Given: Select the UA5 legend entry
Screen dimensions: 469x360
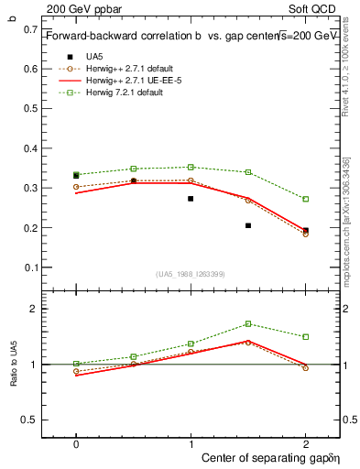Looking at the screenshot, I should pos(94,56).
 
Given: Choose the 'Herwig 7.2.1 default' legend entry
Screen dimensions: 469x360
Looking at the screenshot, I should pos(125,92).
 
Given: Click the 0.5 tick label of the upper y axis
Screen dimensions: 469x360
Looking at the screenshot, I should pos(32,109).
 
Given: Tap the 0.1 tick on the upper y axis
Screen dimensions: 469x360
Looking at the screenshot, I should pos(32,267).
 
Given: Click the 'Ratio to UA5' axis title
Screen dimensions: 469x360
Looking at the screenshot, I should pos(14,365).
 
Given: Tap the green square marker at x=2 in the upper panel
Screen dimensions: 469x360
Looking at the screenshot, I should pos(306,199).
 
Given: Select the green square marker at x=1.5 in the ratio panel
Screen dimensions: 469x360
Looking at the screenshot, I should pos(248,323).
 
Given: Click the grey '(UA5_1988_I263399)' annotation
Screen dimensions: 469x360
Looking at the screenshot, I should pos(191,274).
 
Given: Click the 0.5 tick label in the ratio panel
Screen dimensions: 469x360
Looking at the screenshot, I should pos(32,420).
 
